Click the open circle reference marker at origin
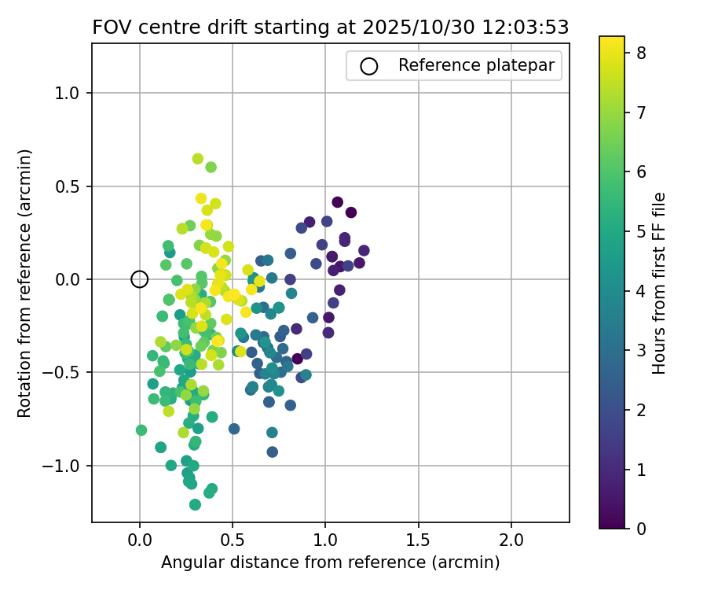[x=139, y=278]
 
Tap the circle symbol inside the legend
[x=369, y=66]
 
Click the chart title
[x=331, y=27]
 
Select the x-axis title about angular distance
[x=331, y=562]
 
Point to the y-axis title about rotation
[x=25, y=282]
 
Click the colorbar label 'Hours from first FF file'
[x=659, y=282]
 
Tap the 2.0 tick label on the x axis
[x=511, y=542]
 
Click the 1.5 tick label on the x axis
[x=418, y=542]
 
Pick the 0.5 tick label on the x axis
[x=232, y=542]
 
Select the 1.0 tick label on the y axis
[x=69, y=93]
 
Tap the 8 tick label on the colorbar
[x=641, y=53]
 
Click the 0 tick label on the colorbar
[x=641, y=528]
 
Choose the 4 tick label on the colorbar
[x=641, y=291]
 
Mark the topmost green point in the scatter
[x=198, y=159]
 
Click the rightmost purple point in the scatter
[x=364, y=251]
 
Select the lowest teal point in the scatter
[x=195, y=504]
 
